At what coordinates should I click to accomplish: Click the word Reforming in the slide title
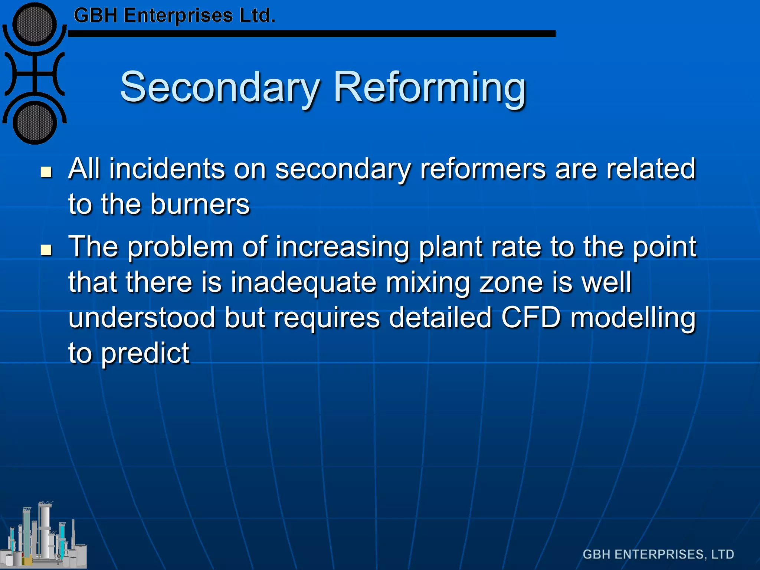[x=430, y=88]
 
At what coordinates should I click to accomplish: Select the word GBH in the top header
[x=96, y=16]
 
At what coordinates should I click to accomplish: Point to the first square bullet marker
[x=46, y=172]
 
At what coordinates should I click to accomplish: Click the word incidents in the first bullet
[x=167, y=169]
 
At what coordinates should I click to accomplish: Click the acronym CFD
[x=531, y=318]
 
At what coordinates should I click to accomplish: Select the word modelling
[x=633, y=318]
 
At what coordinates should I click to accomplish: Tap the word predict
[x=145, y=353]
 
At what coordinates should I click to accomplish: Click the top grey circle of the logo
[x=35, y=24]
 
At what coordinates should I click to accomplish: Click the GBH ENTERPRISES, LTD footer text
[x=658, y=554]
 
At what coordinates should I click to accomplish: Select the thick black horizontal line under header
[x=312, y=34]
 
